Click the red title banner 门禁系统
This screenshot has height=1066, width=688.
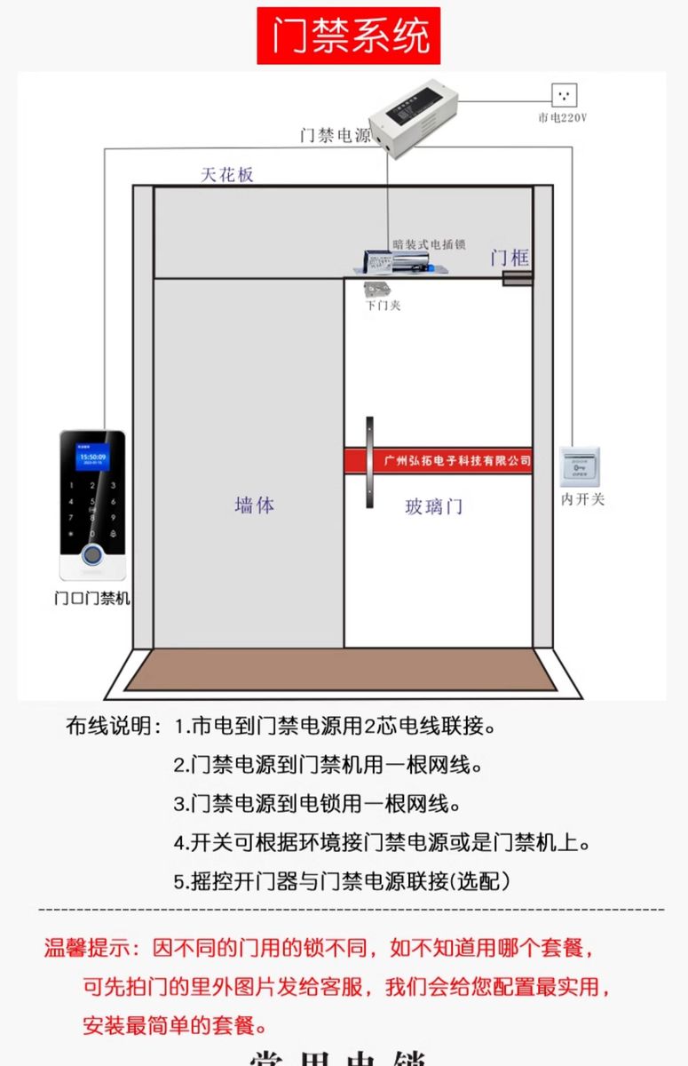coord(349,36)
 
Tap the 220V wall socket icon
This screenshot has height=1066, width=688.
coord(564,95)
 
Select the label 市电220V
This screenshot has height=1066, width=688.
coord(563,117)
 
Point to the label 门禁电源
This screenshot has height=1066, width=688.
coord(335,136)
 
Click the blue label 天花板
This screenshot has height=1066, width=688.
coord(227,174)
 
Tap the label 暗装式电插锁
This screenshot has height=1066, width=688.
coord(430,244)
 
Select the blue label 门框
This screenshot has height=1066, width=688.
coord(510,259)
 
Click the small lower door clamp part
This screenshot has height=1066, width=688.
coord(376,289)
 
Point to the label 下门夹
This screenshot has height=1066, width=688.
coord(384,306)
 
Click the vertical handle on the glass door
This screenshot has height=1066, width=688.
coord(368,462)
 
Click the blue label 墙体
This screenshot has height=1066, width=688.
coord(255,505)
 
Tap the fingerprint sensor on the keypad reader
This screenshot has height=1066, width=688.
coord(92,557)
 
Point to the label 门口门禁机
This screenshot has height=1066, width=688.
coord(92,598)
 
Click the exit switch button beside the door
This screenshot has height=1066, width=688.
coord(581,467)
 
